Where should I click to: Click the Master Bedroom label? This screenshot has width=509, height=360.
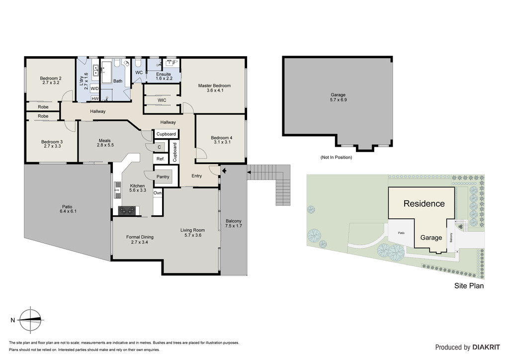pyautogui.click(x=214, y=86)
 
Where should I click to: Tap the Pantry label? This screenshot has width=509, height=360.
pyautogui.click(x=163, y=177)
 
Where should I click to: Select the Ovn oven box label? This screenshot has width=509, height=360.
pyautogui.click(x=158, y=193)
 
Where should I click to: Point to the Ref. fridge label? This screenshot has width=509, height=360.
pyautogui.click(x=161, y=159)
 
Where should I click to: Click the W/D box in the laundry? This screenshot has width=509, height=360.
pyautogui.click(x=94, y=89)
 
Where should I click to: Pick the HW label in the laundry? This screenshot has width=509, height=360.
pyautogui.click(x=95, y=98)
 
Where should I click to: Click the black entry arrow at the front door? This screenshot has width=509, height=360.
pyautogui.click(x=224, y=171)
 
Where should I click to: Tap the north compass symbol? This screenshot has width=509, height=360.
pyautogui.click(x=30, y=320)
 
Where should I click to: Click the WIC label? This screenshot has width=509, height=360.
pyautogui.click(x=162, y=100)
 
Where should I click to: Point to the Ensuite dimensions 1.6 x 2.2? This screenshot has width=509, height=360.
pyautogui.click(x=164, y=78)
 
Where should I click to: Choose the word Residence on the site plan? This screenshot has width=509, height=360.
pyautogui.click(x=424, y=203)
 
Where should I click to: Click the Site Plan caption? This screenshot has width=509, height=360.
pyautogui.click(x=469, y=285)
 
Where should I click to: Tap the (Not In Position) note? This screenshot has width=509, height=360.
pyautogui.click(x=336, y=157)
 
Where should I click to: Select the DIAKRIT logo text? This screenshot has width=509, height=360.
pyautogui.click(x=486, y=347)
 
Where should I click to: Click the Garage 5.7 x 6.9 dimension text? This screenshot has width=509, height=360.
pyautogui.click(x=338, y=99)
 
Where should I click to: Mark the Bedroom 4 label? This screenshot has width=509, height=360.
pyautogui.click(x=221, y=138)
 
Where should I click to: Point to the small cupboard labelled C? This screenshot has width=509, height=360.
pyautogui.click(x=160, y=147)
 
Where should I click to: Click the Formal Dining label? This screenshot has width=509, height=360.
pyautogui.click(x=140, y=237)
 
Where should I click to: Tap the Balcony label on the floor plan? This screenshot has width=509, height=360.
pyautogui.click(x=234, y=221)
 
